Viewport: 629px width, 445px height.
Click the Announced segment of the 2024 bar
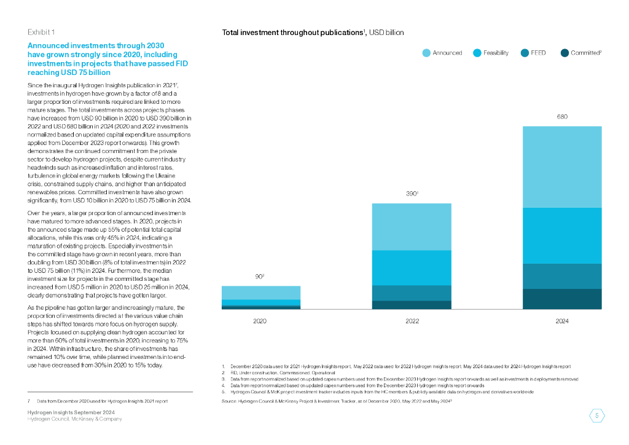[x=561, y=167]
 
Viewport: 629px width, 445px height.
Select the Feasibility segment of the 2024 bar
[x=561, y=235]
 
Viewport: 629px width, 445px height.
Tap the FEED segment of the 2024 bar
[x=561, y=276]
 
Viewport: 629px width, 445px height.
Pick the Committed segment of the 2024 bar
[x=561, y=299]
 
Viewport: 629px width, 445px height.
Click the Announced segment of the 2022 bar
[x=412, y=227]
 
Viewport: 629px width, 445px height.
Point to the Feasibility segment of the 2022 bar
[x=412, y=267]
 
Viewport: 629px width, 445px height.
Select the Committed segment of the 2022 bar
[x=412, y=305]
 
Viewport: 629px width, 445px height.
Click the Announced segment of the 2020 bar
[x=261, y=293]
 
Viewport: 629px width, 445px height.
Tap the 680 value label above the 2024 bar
[x=561, y=116]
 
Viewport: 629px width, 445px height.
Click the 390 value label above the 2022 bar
[x=411, y=194]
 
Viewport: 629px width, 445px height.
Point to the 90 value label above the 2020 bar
[x=260, y=277]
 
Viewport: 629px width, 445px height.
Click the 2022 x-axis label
[x=412, y=321]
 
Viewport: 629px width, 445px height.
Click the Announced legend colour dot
[x=426, y=53]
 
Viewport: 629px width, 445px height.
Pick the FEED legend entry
[x=533, y=53]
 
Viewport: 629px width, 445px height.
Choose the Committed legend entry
[x=580, y=53]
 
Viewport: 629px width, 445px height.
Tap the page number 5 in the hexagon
[x=597, y=415]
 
